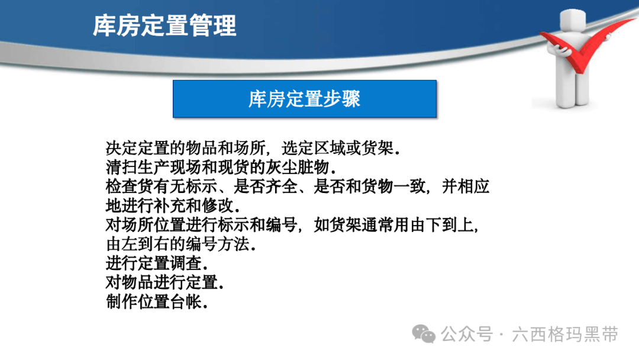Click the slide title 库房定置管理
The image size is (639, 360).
[x=164, y=25]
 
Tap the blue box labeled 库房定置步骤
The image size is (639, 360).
[x=305, y=99]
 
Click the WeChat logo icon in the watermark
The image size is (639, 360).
[x=424, y=334]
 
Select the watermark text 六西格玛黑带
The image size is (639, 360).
[x=565, y=335]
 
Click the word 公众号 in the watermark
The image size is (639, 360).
[x=467, y=335]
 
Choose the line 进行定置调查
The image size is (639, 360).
[x=157, y=263]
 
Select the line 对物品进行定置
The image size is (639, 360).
[x=165, y=282]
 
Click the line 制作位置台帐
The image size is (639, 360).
[x=157, y=302]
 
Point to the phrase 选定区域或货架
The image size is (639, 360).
[x=341, y=148]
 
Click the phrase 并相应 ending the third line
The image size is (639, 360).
[x=466, y=187]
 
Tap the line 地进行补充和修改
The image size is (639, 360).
[x=173, y=205]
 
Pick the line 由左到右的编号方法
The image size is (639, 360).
[x=181, y=244]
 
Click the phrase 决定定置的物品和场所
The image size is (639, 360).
[x=186, y=148]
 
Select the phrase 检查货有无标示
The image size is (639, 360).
[x=162, y=187]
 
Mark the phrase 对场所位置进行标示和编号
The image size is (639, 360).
[x=201, y=224]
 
